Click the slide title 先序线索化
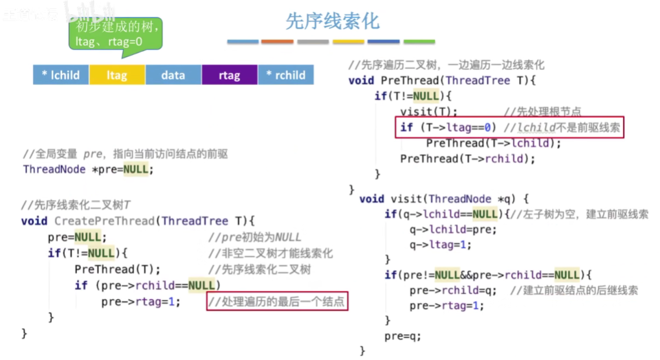(x=333, y=21)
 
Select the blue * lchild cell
(x=61, y=75)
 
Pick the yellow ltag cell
(x=117, y=75)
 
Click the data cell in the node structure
(x=173, y=75)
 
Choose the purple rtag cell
(x=229, y=75)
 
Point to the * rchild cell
(x=285, y=75)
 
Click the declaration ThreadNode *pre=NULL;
(x=89, y=170)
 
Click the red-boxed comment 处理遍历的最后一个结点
(x=276, y=302)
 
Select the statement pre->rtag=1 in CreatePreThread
(x=142, y=302)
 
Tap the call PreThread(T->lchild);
(x=494, y=143)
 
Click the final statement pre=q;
(x=402, y=336)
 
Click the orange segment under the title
(x=277, y=42)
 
